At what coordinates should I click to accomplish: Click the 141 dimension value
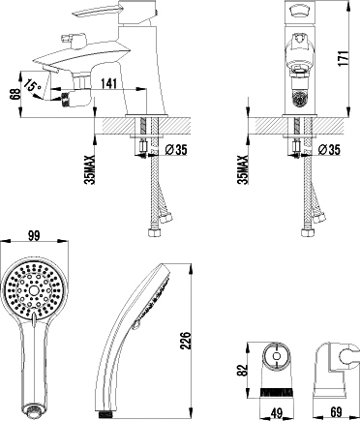[108, 83]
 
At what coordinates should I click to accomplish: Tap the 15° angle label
[33, 85]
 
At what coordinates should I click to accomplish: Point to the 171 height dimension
[344, 58]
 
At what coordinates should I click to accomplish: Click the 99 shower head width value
[34, 235]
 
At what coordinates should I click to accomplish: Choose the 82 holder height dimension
[243, 370]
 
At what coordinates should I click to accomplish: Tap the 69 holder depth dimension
[337, 412]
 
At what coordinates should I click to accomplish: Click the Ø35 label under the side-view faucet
[175, 150]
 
